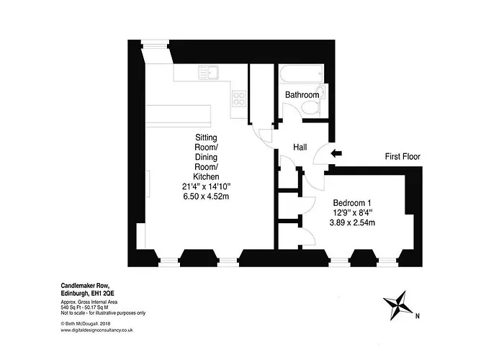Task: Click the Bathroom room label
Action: [x=302, y=95]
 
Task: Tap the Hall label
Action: [x=300, y=147]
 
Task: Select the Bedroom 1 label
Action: [x=352, y=203]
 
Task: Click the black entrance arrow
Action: [x=336, y=153]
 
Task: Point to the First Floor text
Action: [x=402, y=156]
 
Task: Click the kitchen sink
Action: [x=209, y=72]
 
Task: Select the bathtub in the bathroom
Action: [x=302, y=73]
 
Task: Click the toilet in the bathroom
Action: [x=311, y=108]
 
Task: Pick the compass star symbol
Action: [x=397, y=305]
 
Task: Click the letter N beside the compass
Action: [x=418, y=316]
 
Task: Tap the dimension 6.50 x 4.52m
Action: [x=206, y=197]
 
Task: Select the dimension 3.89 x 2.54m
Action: [x=352, y=222]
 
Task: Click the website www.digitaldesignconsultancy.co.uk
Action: [x=96, y=330]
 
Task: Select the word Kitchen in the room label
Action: [x=206, y=177]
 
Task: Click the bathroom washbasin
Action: [x=321, y=92]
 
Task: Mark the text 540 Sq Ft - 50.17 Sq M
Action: [x=84, y=307]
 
